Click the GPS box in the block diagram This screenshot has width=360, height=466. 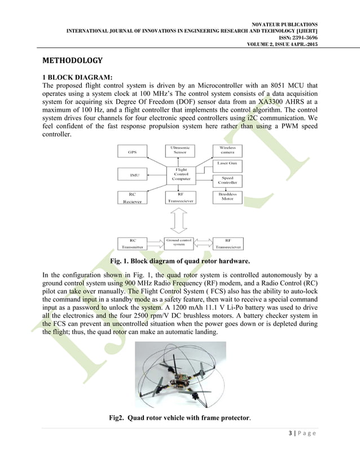point(132,151)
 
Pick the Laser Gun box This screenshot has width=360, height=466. point(227,164)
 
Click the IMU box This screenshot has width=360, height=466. point(134,175)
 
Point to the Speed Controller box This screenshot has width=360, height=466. point(227,180)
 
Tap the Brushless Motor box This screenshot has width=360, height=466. point(227,196)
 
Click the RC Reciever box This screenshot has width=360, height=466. point(132,197)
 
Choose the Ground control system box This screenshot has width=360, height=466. point(180,242)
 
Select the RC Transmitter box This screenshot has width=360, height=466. point(132,243)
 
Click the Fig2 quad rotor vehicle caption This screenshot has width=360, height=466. point(179,419)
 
